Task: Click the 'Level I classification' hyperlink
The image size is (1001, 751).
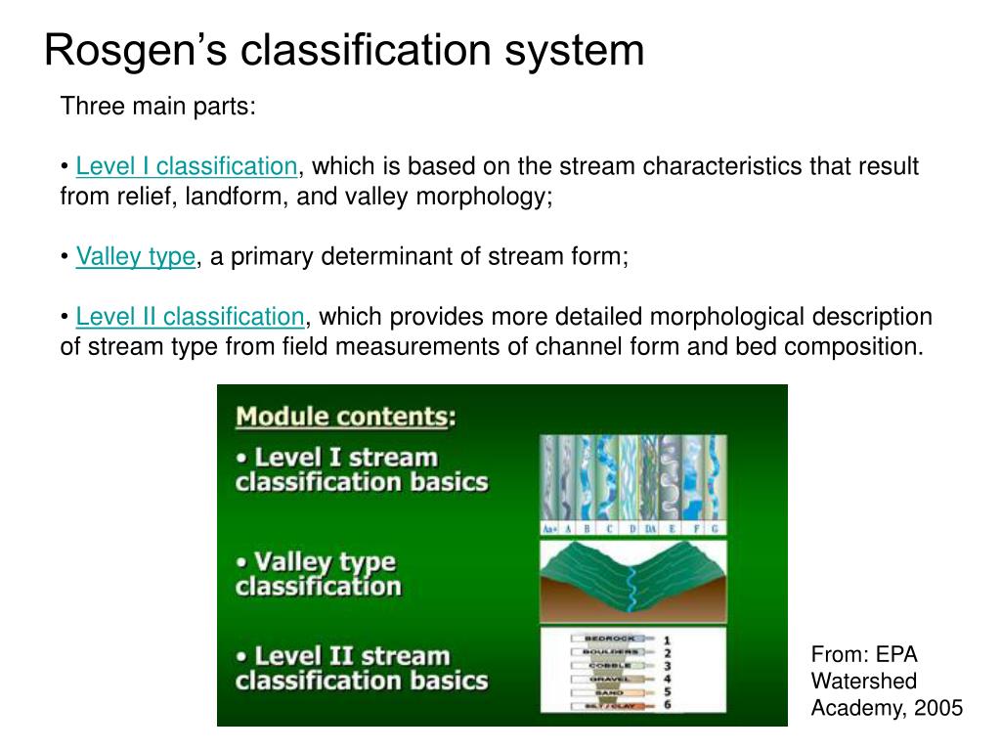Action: pyautogui.click(x=186, y=166)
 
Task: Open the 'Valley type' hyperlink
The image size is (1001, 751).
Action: pyautogui.click(x=135, y=257)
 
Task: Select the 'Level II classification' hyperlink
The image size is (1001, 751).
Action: pyautogui.click(x=190, y=317)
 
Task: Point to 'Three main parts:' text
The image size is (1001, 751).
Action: pyautogui.click(x=157, y=106)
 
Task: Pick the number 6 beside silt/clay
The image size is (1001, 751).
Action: pyautogui.click(x=667, y=705)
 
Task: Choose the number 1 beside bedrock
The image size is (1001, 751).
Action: pyautogui.click(x=667, y=640)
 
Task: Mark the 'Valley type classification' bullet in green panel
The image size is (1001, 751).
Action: pyautogui.click(x=318, y=574)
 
